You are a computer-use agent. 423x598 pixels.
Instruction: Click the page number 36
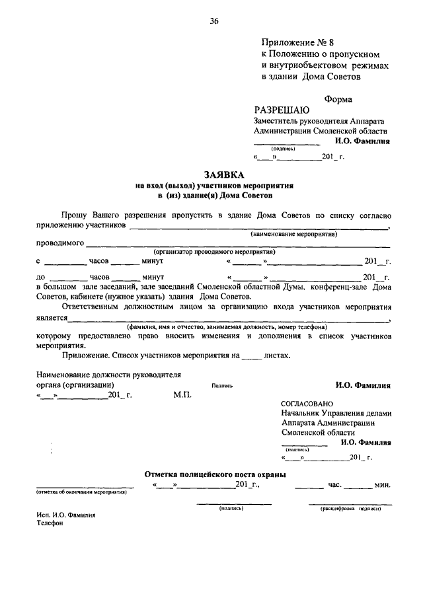click(x=214, y=20)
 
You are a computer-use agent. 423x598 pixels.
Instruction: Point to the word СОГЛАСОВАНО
click(x=307, y=404)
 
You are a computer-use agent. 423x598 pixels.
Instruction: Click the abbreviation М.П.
click(x=182, y=394)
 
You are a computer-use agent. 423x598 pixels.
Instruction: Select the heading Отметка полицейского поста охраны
click(x=215, y=474)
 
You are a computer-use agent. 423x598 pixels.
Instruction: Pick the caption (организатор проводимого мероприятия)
click(x=214, y=252)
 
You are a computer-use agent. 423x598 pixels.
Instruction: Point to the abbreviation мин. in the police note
click(x=383, y=485)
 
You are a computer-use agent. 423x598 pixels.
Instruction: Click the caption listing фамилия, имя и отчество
click(x=227, y=327)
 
